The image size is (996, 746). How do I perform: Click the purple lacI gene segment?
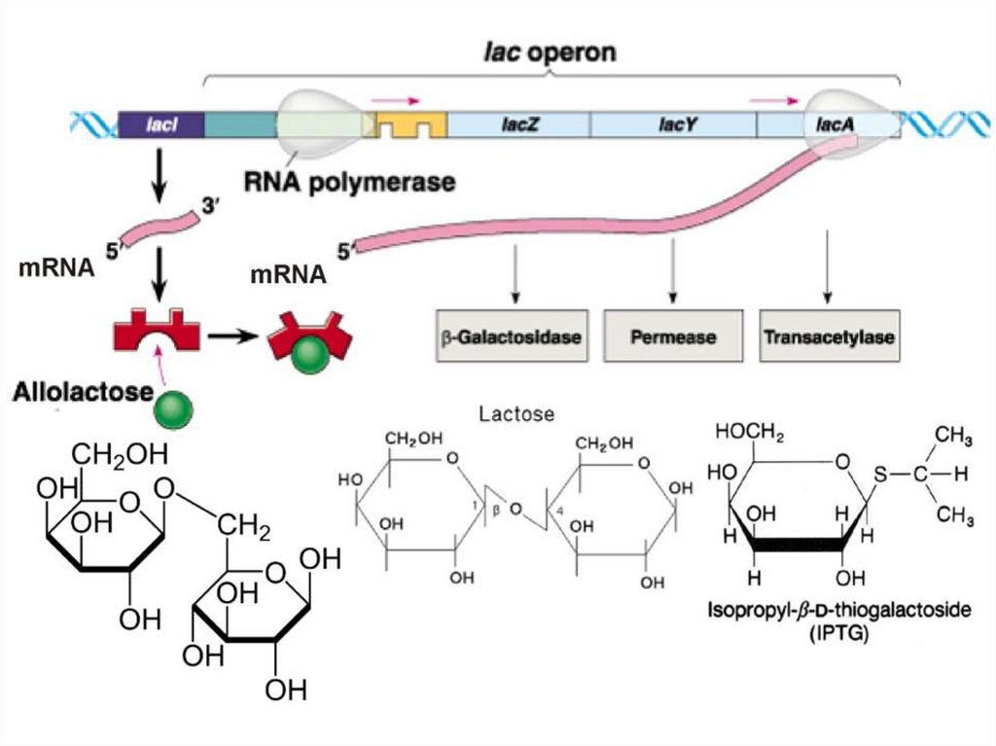[160, 124]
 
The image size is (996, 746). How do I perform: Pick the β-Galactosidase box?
[512, 337]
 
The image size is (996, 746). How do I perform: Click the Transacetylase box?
[830, 337]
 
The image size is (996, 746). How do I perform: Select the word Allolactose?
[84, 392]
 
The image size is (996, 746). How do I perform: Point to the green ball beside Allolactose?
[174, 409]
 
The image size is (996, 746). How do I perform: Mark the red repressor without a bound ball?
[157, 330]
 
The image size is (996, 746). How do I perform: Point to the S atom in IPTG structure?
[880, 474]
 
